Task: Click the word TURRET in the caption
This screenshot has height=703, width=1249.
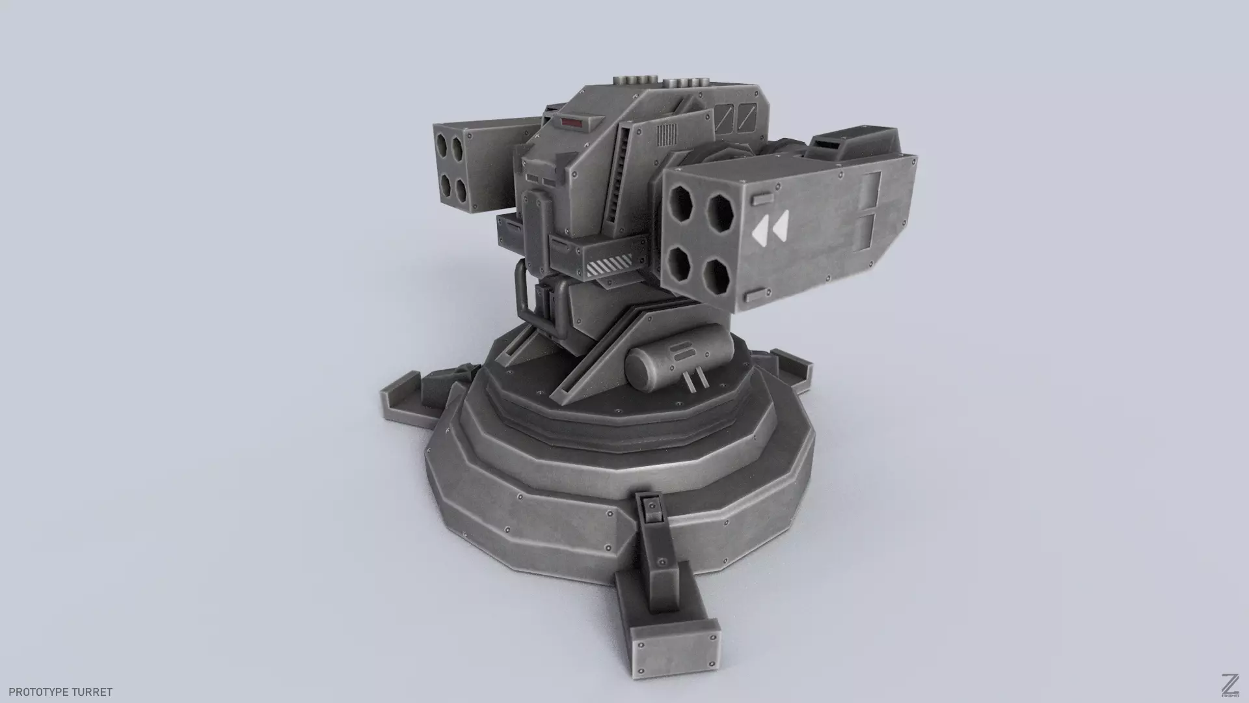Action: tap(92, 692)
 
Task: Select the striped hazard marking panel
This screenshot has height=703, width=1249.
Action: tap(608, 266)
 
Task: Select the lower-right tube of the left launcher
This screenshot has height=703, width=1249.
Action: tap(461, 190)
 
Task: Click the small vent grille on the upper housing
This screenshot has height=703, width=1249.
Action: tap(666, 135)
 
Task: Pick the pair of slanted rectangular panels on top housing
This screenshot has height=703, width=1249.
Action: tap(738, 117)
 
